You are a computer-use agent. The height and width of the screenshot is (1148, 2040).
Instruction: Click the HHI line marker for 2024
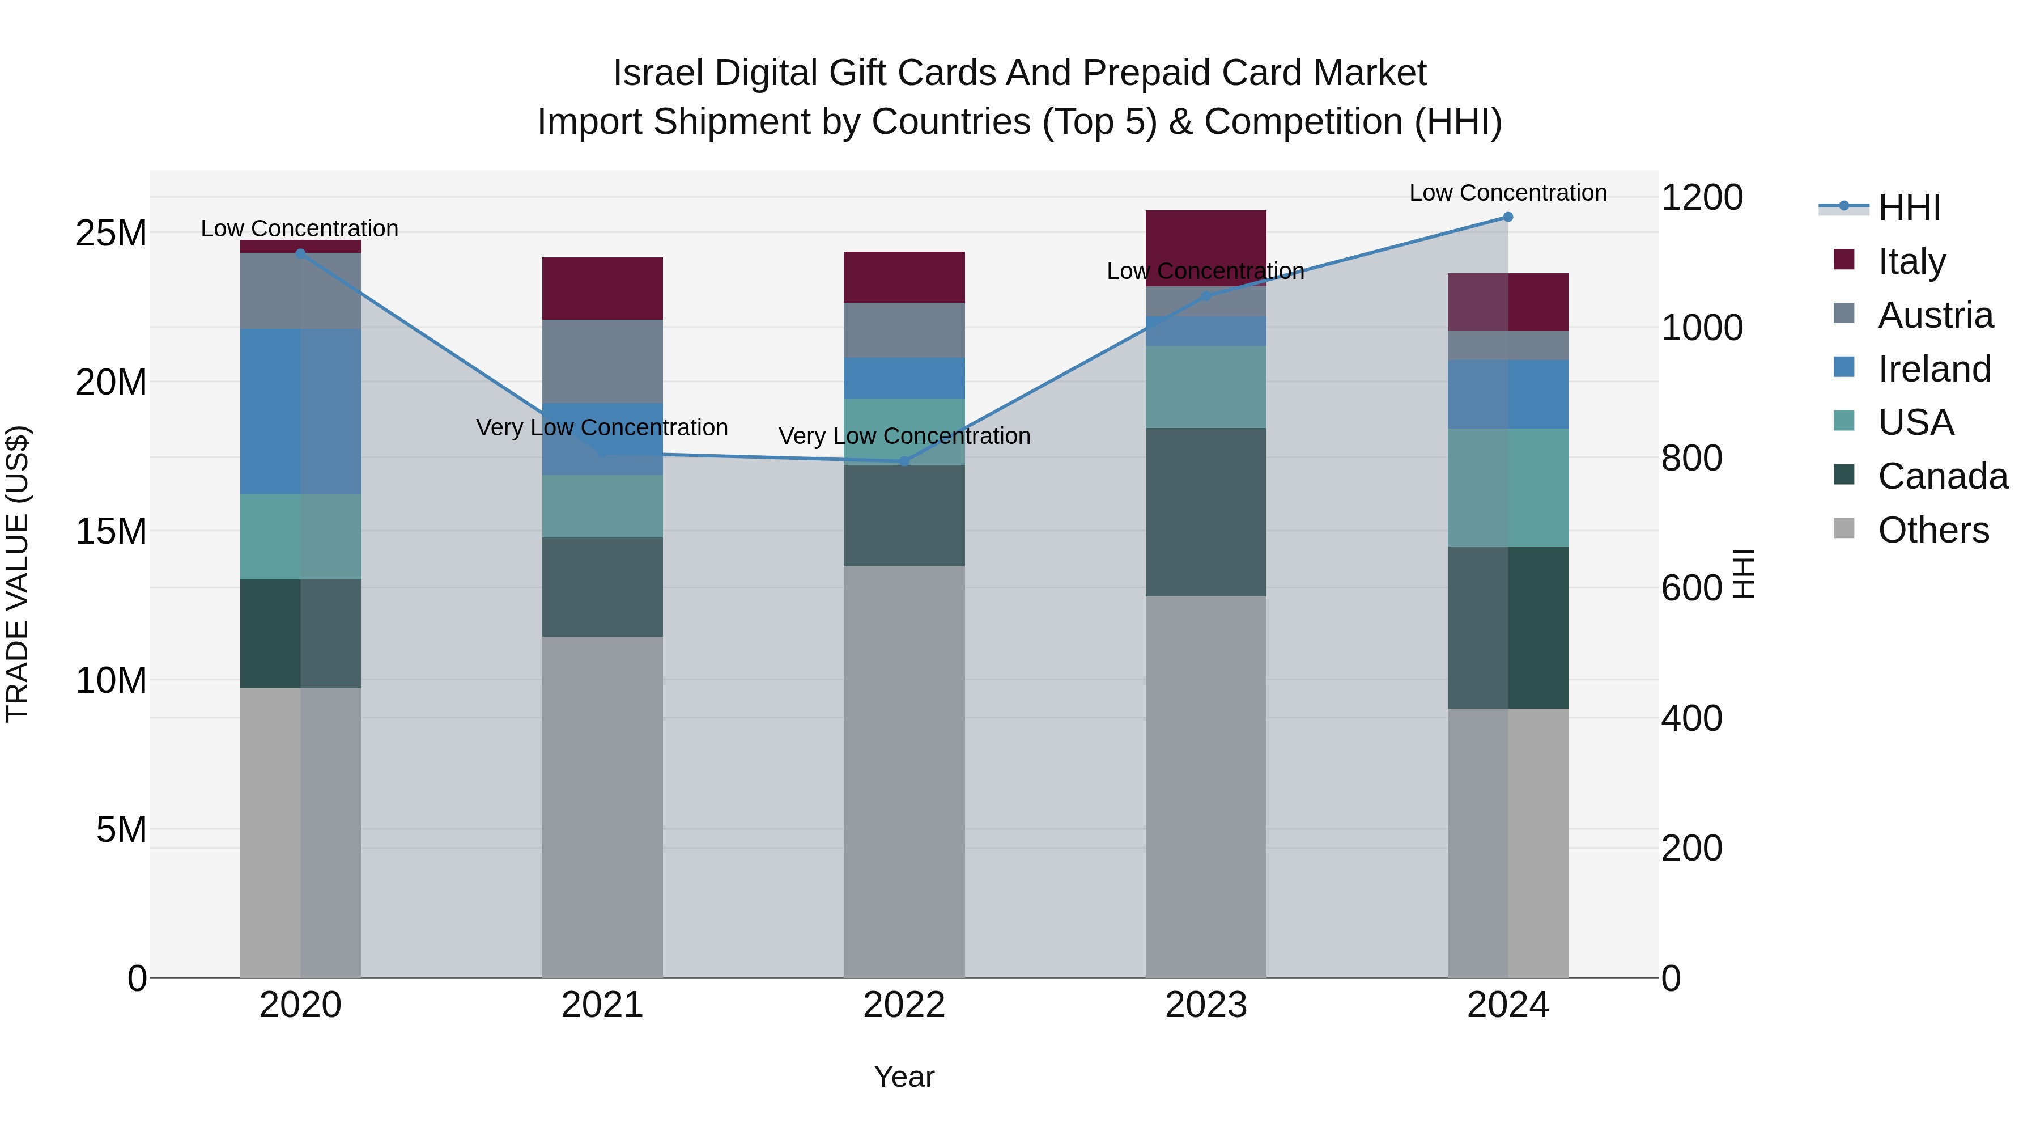(x=1508, y=217)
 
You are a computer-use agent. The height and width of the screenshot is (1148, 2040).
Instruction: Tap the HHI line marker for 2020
(x=300, y=253)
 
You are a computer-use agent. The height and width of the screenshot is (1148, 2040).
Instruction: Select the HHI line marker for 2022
(x=904, y=461)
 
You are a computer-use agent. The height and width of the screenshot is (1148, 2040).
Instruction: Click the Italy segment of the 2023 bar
(x=1205, y=238)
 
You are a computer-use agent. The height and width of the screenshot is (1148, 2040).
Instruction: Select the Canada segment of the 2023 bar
(x=1205, y=512)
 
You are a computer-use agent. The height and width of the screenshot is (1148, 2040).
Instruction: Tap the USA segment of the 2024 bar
(x=1508, y=487)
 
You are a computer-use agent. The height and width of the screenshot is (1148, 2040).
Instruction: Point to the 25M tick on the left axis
(x=111, y=233)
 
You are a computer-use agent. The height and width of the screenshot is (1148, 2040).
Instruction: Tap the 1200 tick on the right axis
(x=1702, y=197)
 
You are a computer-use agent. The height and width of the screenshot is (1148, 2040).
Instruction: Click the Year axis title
(x=904, y=1077)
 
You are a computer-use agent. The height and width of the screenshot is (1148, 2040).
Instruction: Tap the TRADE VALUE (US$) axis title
(x=18, y=574)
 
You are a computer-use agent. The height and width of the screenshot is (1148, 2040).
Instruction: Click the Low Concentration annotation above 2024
(x=1508, y=193)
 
